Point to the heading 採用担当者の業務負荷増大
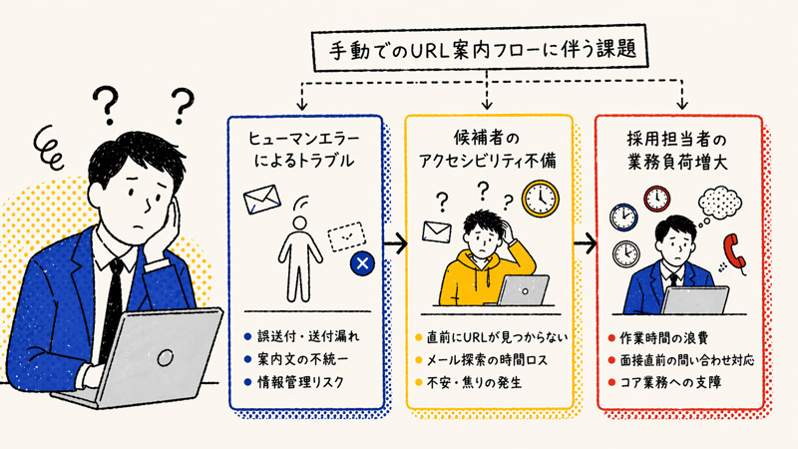[677, 148]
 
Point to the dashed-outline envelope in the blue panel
[344, 235]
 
